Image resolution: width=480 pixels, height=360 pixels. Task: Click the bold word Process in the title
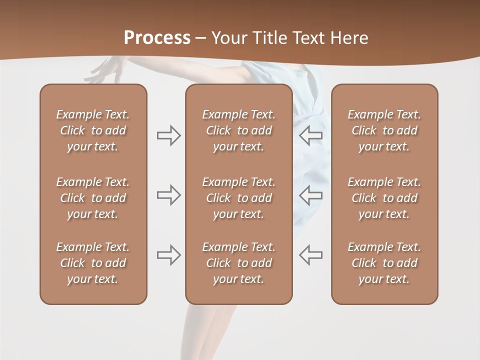157,38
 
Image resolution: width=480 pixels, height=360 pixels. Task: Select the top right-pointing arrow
168,135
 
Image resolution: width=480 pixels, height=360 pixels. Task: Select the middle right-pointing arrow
168,195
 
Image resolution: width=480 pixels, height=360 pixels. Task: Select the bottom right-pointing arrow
168,254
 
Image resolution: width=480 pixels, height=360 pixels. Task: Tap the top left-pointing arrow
311,135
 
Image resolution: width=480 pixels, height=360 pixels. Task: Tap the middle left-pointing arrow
311,195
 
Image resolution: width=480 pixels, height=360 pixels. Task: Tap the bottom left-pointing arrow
311,254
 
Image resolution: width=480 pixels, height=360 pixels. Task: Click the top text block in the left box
93,130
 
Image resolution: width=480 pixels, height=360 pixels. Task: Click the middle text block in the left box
93,198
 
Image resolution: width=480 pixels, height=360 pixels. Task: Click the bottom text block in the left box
93,263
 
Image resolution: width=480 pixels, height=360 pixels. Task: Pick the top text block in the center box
238,130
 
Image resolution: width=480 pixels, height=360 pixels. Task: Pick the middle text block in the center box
238,198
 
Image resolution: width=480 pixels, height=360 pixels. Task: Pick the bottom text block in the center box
238,263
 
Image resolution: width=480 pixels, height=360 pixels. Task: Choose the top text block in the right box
384,130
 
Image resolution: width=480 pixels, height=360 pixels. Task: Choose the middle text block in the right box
384,198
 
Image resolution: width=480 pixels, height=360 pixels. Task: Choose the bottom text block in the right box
384,263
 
